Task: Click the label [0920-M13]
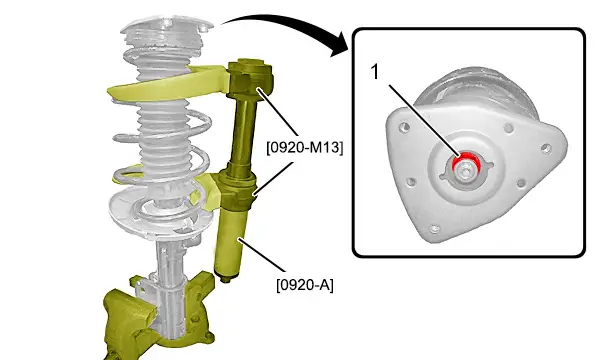(x=304, y=147)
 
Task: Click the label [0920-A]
(x=305, y=285)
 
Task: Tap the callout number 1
(x=375, y=72)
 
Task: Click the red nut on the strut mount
(x=466, y=163)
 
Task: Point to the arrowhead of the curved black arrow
(x=339, y=46)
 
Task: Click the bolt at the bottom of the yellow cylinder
(x=226, y=279)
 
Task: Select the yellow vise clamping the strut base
(x=157, y=318)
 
